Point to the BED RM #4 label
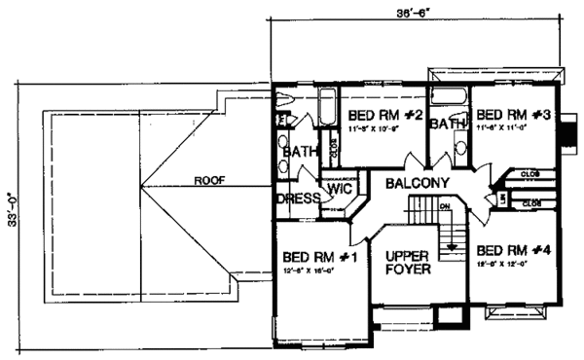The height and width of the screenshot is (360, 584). [x=516, y=249]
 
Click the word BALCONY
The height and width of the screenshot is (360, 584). [x=417, y=183]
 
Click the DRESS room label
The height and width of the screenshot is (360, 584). [x=299, y=198]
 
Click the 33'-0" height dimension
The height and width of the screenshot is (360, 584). [x=12, y=207]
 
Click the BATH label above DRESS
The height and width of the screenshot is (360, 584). [x=297, y=153]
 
